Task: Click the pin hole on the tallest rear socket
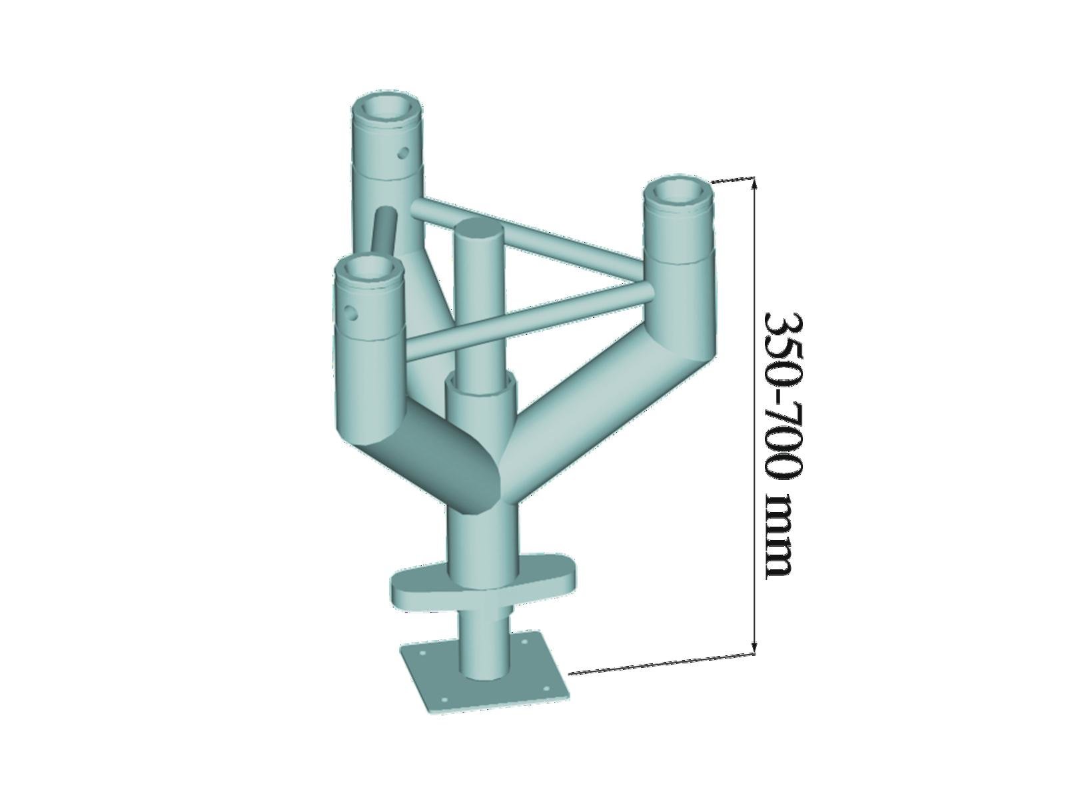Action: (x=403, y=154)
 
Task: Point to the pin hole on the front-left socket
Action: (x=352, y=312)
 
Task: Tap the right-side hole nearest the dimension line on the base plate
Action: (x=544, y=689)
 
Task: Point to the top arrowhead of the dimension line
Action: (x=754, y=183)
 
